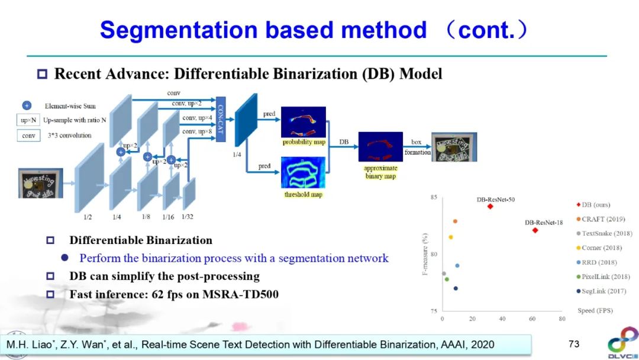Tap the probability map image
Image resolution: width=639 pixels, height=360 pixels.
tap(303, 122)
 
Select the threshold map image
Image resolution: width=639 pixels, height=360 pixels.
tap(303, 173)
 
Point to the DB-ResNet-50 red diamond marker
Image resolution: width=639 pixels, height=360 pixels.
tap(490, 206)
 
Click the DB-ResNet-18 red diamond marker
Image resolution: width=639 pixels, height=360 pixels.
tap(535, 230)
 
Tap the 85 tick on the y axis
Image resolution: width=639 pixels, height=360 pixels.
tap(434, 197)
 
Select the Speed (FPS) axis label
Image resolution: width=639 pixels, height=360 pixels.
tap(595, 310)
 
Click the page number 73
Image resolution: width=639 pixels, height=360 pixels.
tap(573, 344)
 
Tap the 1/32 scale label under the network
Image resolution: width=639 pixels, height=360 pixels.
tap(188, 217)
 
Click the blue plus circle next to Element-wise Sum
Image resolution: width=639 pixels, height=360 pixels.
tap(27, 106)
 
